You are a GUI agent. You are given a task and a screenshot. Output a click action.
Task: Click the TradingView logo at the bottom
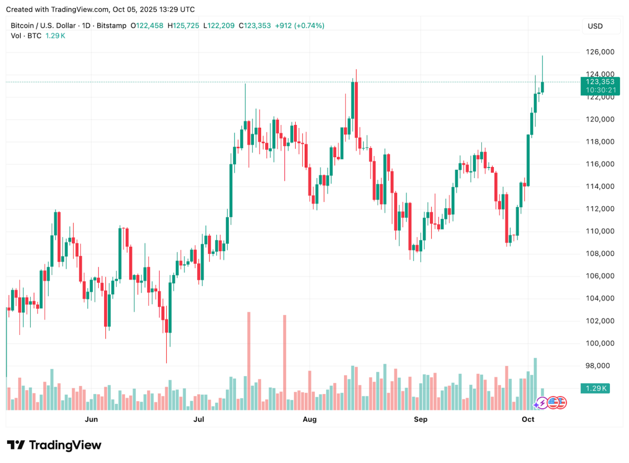click(54, 445)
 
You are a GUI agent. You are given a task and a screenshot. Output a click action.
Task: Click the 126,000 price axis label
click(600, 52)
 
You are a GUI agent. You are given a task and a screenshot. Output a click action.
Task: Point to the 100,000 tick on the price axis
click(600, 343)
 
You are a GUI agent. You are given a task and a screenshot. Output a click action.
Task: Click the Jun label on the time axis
click(91, 419)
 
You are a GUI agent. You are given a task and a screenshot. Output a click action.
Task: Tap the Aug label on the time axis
click(310, 419)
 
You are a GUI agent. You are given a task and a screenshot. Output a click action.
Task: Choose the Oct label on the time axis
click(528, 419)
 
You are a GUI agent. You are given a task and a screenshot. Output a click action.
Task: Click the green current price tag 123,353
click(600, 82)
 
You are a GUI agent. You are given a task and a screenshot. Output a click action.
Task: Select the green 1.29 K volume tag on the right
click(595, 388)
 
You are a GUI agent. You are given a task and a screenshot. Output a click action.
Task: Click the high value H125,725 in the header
click(183, 25)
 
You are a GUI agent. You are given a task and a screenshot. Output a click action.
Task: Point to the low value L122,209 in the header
click(219, 25)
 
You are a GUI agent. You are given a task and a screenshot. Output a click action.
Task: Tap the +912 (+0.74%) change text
click(299, 25)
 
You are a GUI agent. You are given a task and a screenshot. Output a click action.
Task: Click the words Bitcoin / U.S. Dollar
click(43, 25)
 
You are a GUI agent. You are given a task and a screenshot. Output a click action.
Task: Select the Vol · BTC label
click(26, 36)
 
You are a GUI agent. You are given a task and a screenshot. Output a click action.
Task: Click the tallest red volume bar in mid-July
click(249, 360)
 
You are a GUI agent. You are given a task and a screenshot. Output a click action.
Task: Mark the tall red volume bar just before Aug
click(285, 362)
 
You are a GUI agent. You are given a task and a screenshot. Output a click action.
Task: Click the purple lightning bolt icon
click(542, 403)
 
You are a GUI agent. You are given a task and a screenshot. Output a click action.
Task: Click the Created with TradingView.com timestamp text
click(100, 9)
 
